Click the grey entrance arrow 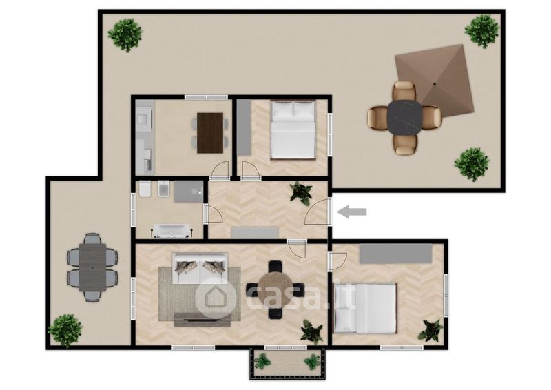pyautogui.click(x=351, y=212)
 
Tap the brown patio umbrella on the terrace pyautogui.click(x=435, y=83)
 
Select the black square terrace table pyautogui.click(x=404, y=116)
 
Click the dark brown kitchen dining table pyautogui.click(x=210, y=133)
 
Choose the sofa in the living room pyautogui.click(x=200, y=268)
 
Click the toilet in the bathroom pyautogui.click(x=145, y=189)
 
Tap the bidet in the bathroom pyautogui.click(x=163, y=189)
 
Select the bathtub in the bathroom pyautogui.click(x=171, y=231)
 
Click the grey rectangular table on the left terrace pyautogui.click(x=92, y=267)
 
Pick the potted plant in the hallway pyautogui.click(x=301, y=193)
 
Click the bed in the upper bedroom pyautogui.click(x=293, y=130)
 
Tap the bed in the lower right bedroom pyautogui.click(x=366, y=308)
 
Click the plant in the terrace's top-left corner pyautogui.click(x=125, y=35)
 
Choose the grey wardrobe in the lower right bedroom pyautogui.click(x=395, y=254)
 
